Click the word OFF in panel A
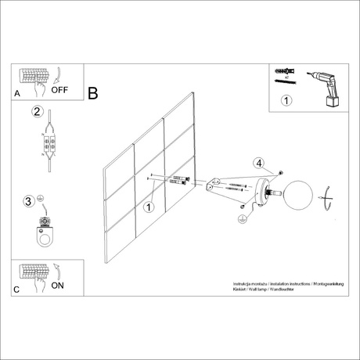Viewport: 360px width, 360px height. click(60, 89)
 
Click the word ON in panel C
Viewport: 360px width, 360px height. click(58, 286)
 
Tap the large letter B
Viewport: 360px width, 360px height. click(92, 93)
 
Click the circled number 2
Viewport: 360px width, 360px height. click(35, 112)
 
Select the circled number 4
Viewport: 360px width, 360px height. click(258, 163)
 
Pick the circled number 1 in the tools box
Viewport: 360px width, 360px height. click(286, 100)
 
